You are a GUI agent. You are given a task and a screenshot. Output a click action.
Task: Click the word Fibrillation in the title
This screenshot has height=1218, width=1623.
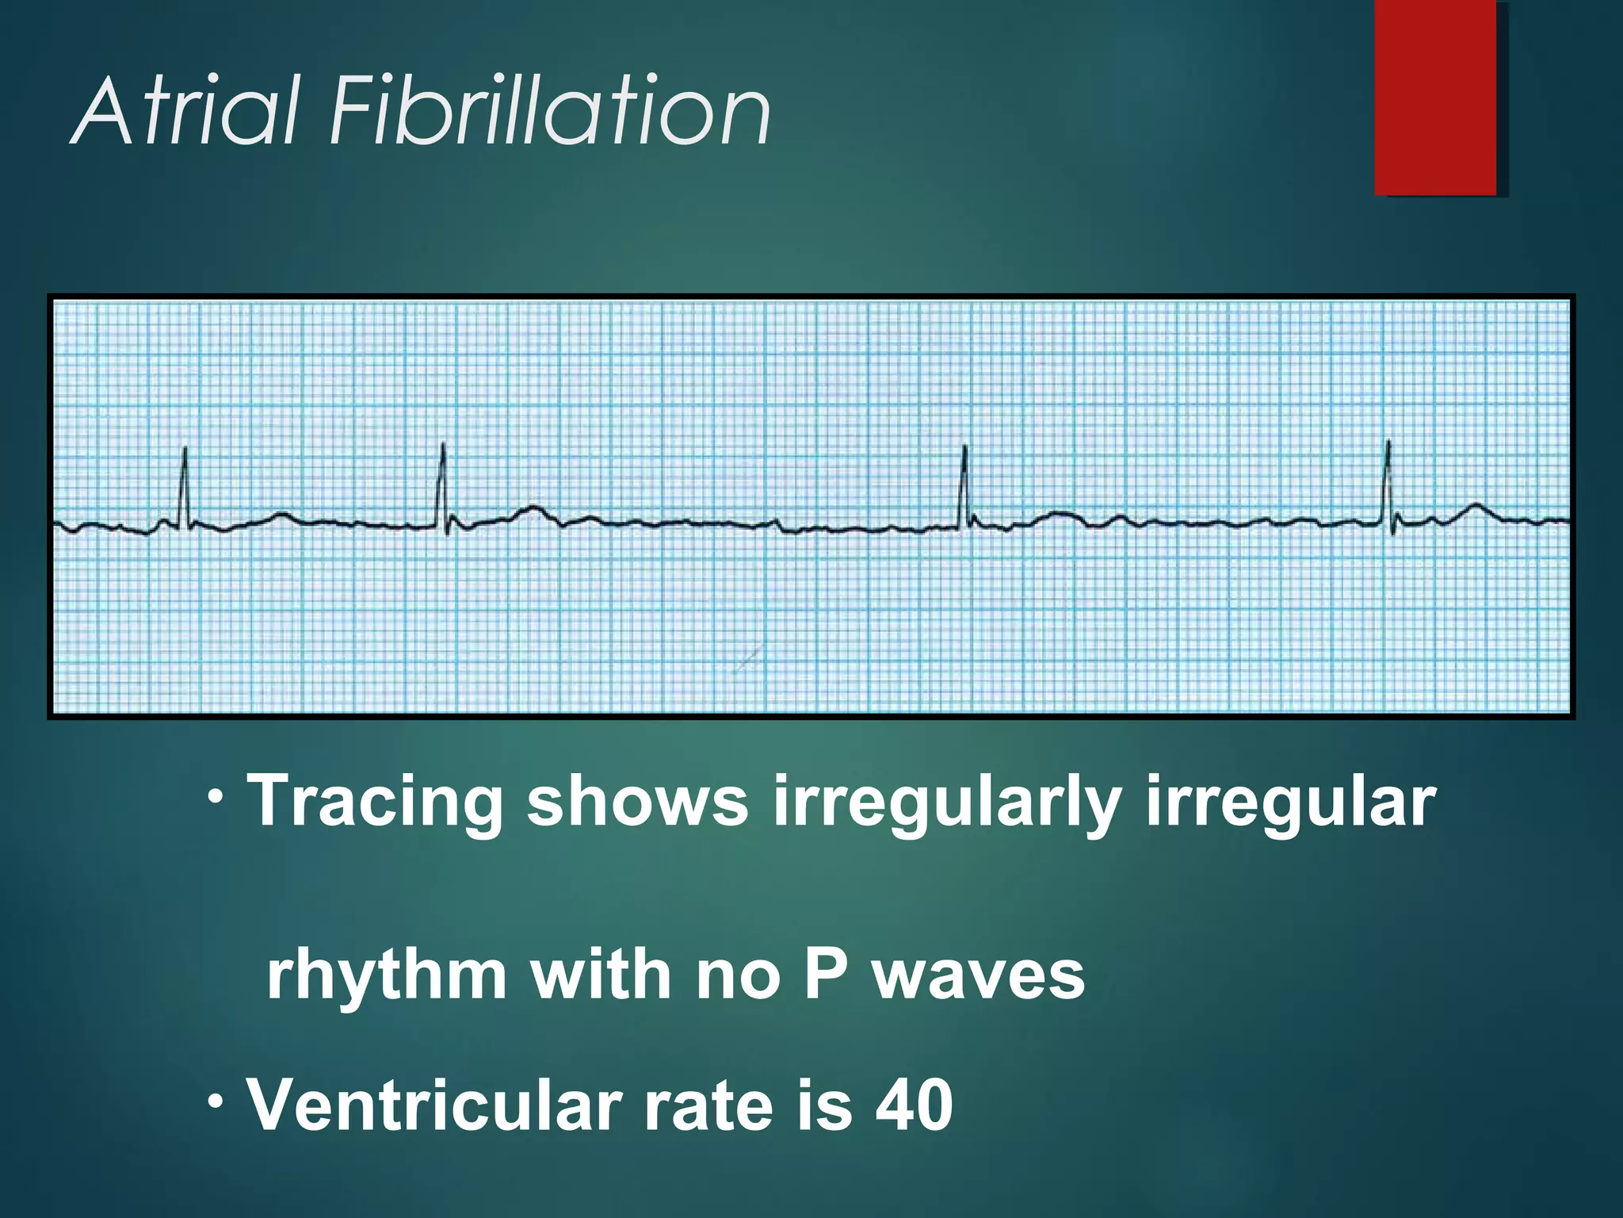[x=551, y=111]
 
